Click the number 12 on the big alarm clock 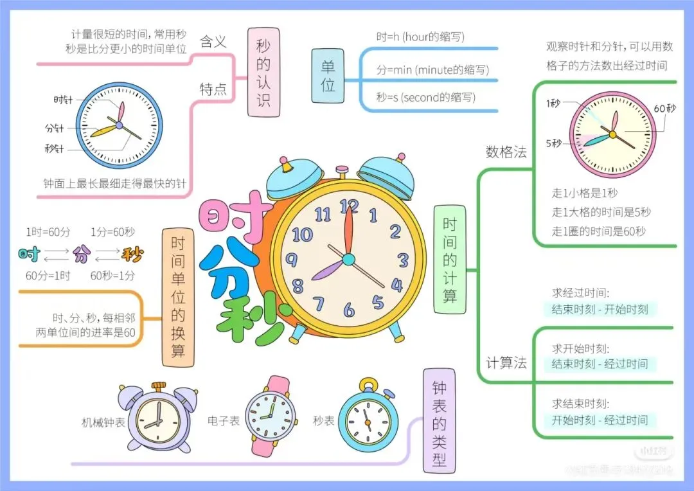[x=349, y=206]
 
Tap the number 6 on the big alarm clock [x=348, y=311]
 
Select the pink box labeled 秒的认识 [x=263, y=73]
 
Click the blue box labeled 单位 [x=328, y=75]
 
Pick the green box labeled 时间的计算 [x=450, y=260]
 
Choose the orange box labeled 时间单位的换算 [x=178, y=297]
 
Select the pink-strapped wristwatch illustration [x=271, y=414]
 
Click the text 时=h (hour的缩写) [x=420, y=37]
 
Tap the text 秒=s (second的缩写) [x=425, y=97]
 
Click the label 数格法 [x=506, y=152]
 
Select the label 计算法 [x=506, y=363]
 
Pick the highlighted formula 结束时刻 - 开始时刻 [x=600, y=309]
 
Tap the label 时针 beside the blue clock [x=63, y=100]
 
